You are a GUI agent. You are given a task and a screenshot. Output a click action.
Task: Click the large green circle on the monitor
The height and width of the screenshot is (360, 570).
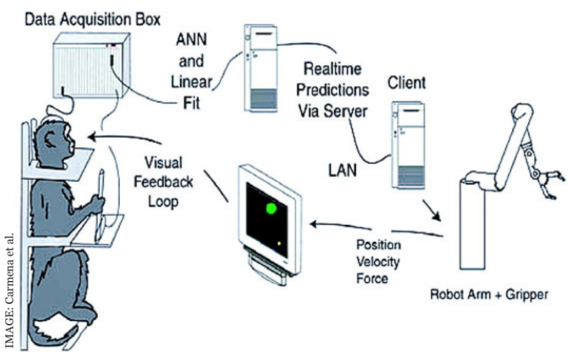click(271, 208)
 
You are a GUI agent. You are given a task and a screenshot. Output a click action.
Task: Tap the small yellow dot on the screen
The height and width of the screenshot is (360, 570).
click(279, 244)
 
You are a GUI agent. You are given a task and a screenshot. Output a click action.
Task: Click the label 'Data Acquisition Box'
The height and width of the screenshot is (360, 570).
click(92, 20)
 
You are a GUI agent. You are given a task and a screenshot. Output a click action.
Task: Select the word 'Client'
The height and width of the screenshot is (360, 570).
click(406, 83)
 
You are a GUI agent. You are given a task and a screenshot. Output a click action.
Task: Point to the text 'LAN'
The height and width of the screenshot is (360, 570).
click(343, 170)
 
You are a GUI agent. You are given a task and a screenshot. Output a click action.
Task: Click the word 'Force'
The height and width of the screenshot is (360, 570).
click(372, 279)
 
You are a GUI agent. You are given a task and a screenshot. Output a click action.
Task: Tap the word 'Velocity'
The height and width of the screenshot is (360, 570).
click(378, 261)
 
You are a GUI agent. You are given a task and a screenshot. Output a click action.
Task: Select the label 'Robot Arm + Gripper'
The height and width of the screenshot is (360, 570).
click(489, 294)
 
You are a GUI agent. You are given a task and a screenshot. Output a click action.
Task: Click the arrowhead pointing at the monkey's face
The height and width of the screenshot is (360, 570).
click(92, 137)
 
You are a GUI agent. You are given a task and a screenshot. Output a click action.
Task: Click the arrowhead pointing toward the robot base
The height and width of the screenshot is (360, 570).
click(437, 216)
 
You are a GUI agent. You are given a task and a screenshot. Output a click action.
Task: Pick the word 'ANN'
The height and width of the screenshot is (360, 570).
click(191, 40)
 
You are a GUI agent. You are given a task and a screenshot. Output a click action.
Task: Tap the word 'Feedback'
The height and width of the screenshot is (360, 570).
click(163, 182)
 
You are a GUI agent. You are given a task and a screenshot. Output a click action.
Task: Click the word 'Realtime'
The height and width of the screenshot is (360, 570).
click(332, 69)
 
